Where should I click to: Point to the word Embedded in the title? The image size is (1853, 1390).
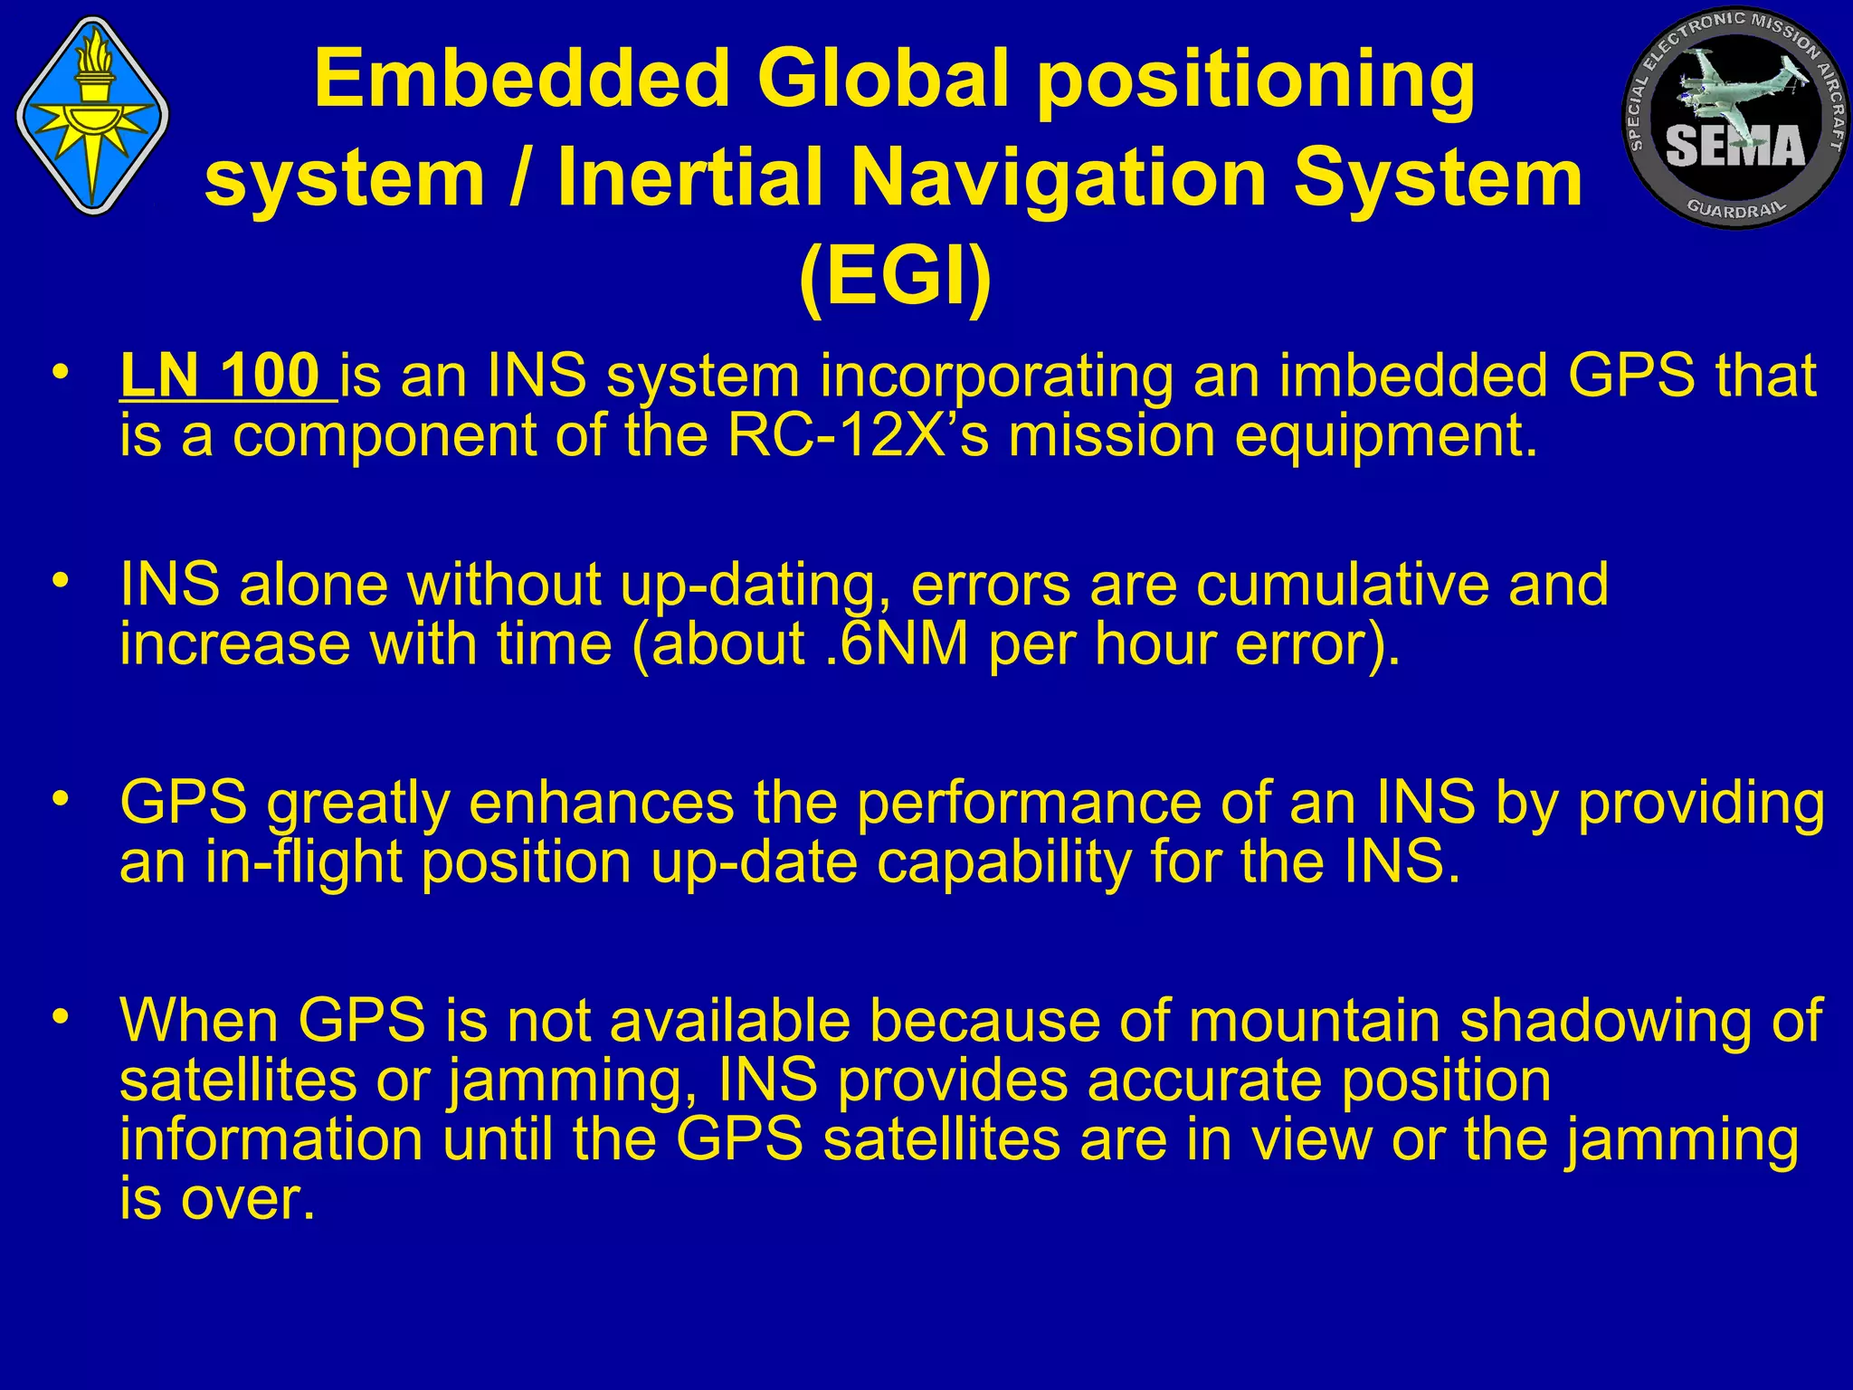pyautogui.click(x=522, y=79)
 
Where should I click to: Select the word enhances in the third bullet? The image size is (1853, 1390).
pyautogui.click(x=601, y=803)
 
